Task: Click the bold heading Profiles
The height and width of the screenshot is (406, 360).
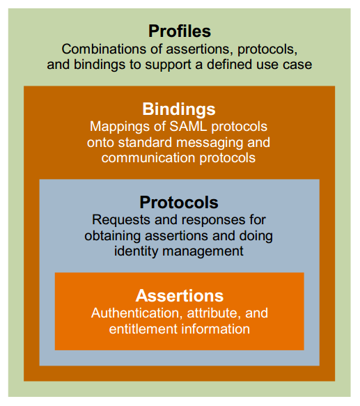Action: click(180, 31)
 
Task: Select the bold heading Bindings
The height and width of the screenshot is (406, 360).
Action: click(179, 109)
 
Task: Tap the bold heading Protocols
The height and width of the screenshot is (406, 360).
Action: click(179, 203)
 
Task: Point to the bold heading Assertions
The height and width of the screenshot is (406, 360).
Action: click(180, 295)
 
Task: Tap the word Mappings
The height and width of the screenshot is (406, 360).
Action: click(119, 127)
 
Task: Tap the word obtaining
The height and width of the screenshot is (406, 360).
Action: click(112, 235)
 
